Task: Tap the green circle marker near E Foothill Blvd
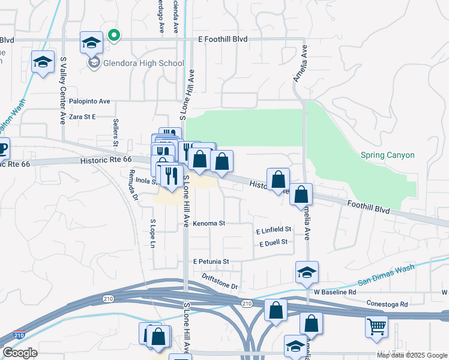114,35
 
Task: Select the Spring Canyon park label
387,155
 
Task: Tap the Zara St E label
82,117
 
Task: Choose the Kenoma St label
209,223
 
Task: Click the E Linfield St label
273,230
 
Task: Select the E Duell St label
274,242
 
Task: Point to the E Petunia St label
211,262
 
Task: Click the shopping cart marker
376,327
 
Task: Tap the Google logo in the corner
20,353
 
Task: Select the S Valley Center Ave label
62,90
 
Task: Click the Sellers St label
115,133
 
